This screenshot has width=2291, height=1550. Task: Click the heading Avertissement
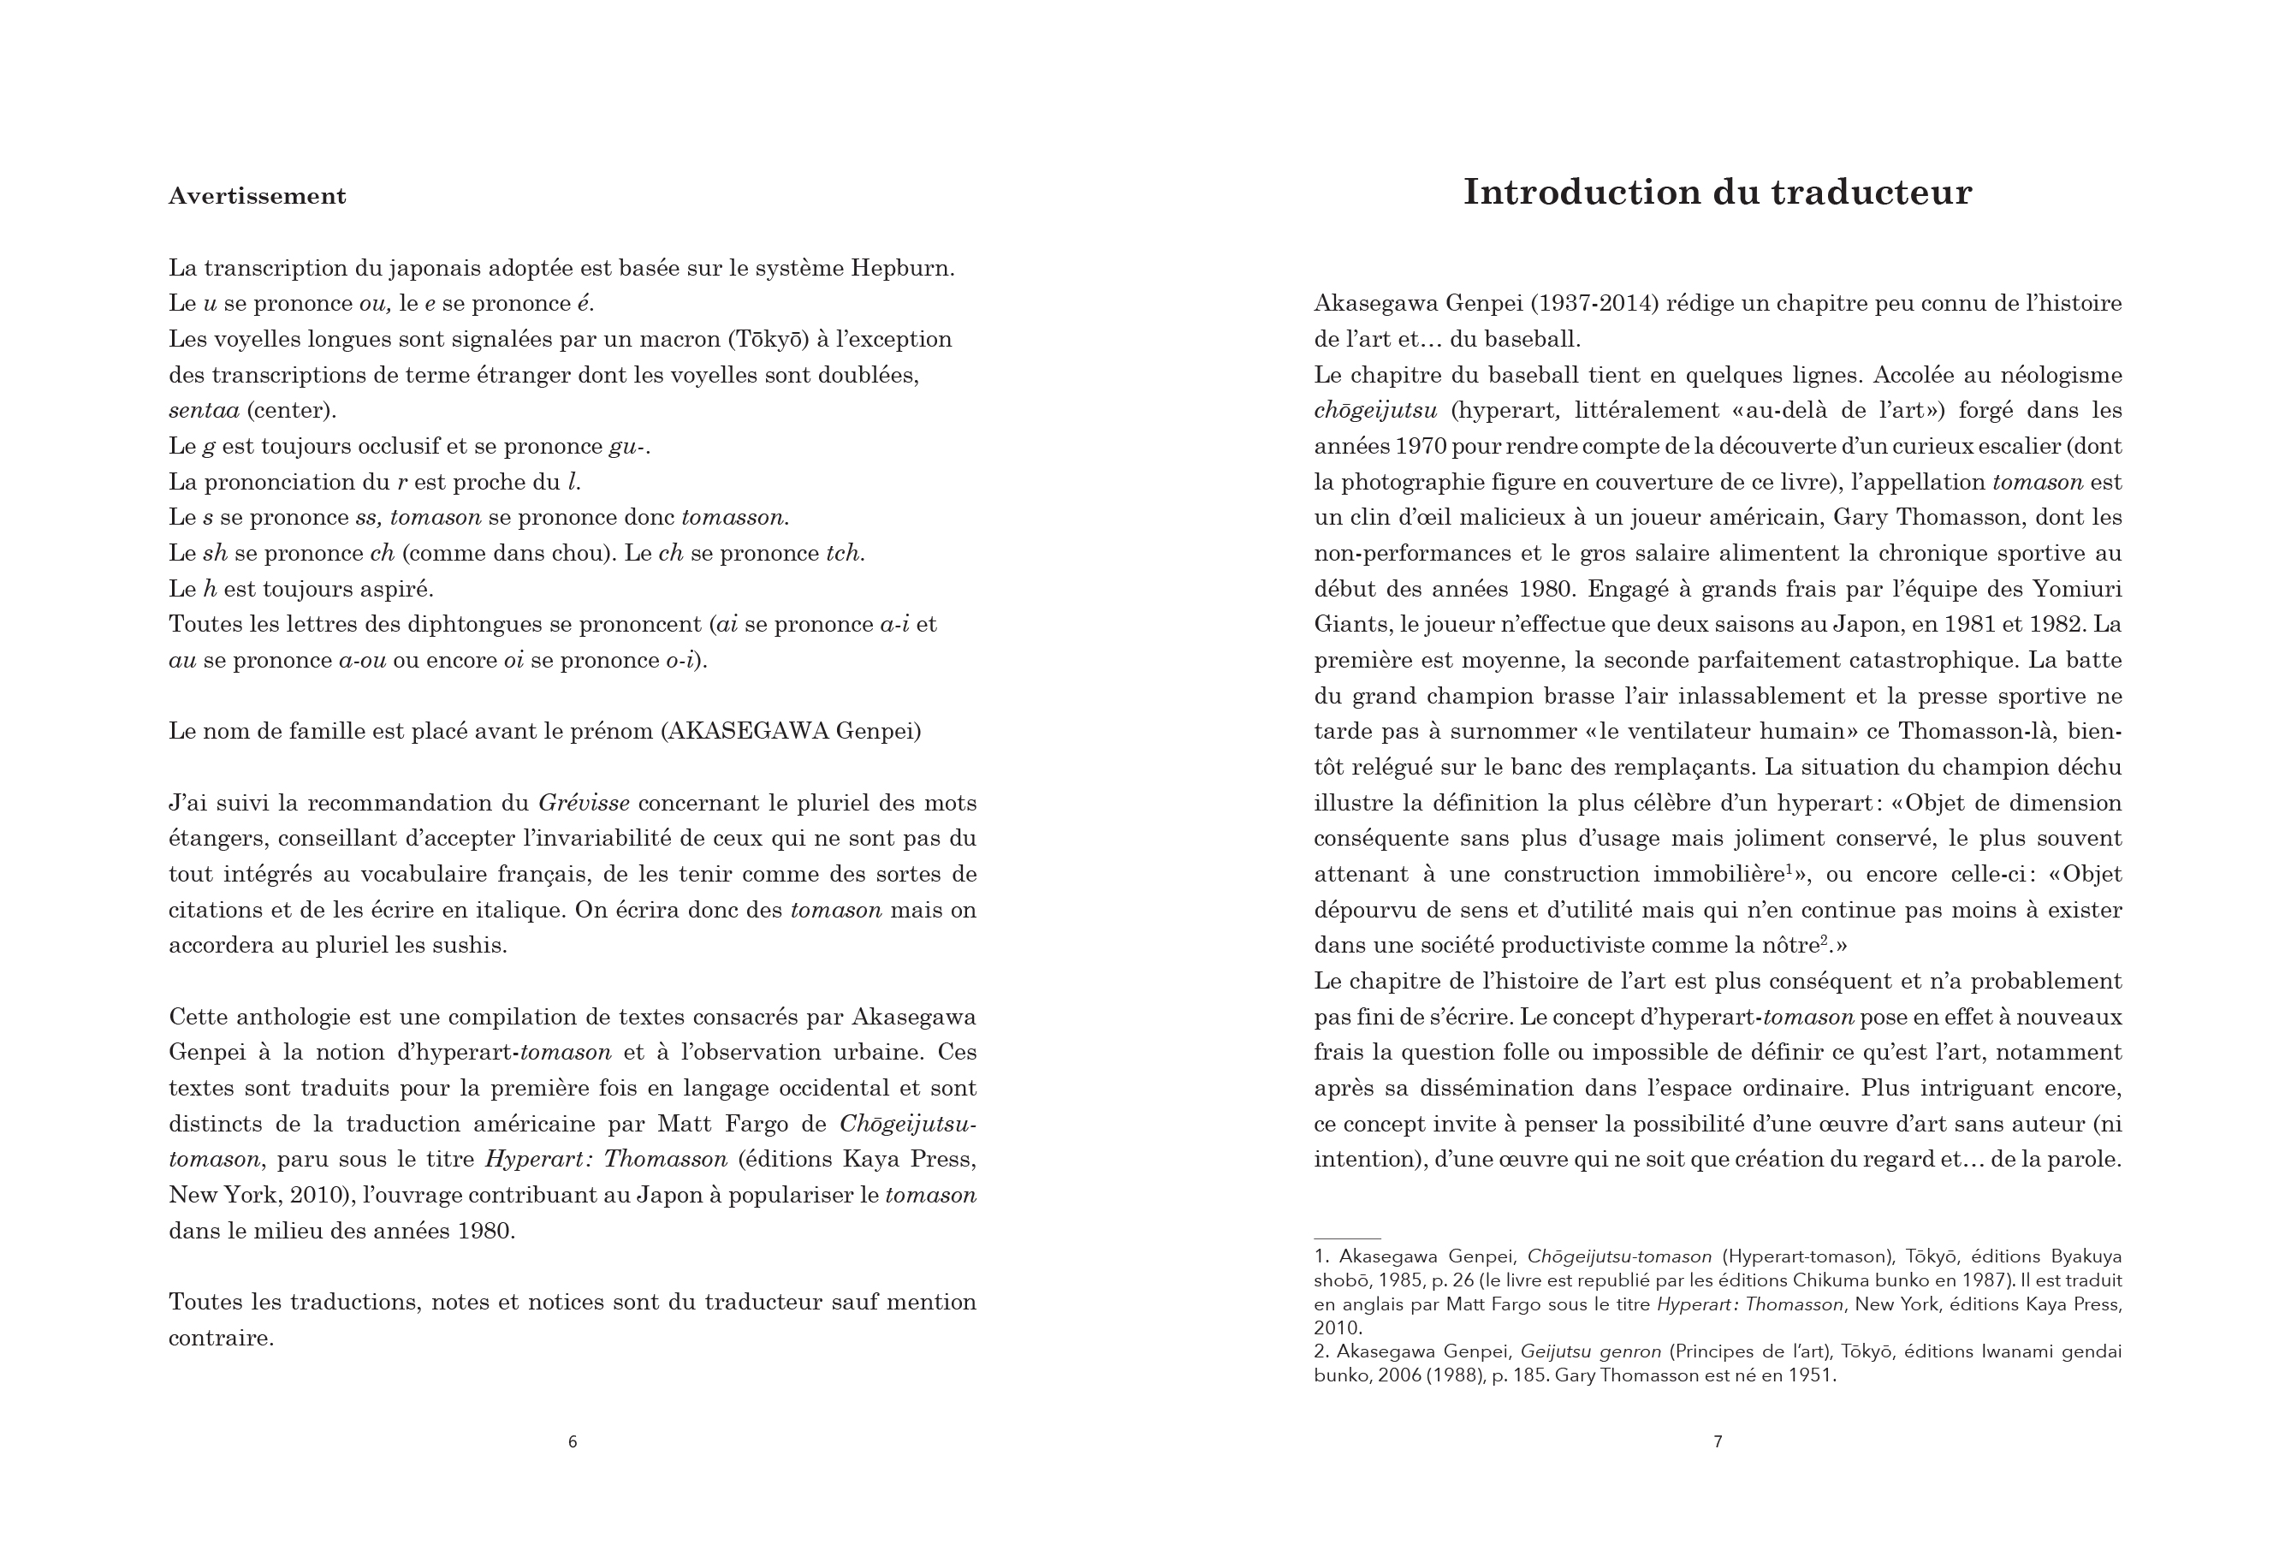coord(258,196)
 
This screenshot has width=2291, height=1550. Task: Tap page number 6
coord(573,1441)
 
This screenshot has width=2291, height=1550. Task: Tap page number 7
coord(1718,1441)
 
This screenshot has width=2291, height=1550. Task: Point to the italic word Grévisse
coord(584,803)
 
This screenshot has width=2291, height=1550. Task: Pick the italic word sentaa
coord(204,410)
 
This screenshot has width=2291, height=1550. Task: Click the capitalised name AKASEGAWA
coord(748,732)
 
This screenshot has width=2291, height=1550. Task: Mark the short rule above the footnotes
coord(1346,1238)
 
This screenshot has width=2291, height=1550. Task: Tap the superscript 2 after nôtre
coord(1824,940)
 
